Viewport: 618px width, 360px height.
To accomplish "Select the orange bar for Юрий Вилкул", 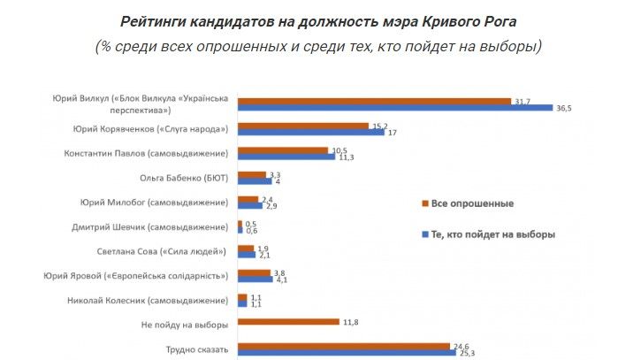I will [x=375, y=102].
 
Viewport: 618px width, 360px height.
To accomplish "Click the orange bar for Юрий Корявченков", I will [x=302, y=126].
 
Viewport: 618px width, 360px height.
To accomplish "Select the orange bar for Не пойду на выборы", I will [x=288, y=323].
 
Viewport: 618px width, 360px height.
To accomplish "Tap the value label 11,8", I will [x=352, y=323].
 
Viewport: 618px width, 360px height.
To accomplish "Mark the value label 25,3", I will [x=466, y=353].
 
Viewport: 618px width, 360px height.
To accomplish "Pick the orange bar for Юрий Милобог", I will [x=248, y=199].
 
